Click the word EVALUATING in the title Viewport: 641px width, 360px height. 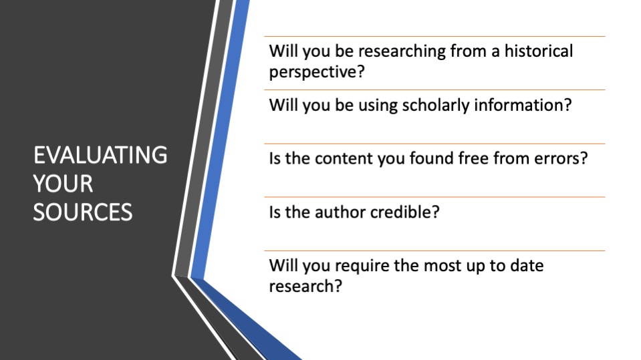(x=100, y=155)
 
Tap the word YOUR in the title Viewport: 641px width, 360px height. (x=63, y=184)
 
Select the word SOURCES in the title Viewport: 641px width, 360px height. (x=83, y=212)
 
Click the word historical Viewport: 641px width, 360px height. (x=538, y=51)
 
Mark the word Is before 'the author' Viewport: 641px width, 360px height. (x=275, y=212)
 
